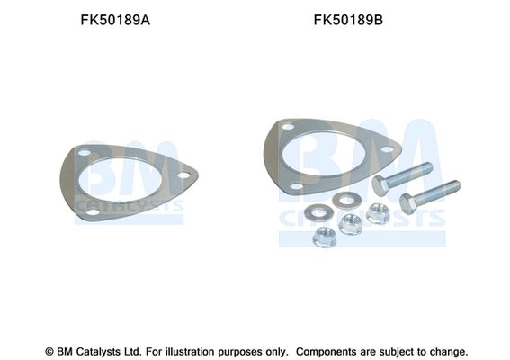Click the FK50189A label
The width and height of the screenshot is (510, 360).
[x=115, y=20]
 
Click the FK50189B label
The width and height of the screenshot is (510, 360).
[x=348, y=20]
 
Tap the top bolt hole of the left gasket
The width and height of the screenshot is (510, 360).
[x=85, y=153]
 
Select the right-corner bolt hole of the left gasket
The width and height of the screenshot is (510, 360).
[x=183, y=175]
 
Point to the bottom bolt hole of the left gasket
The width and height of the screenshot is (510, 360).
[x=93, y=212]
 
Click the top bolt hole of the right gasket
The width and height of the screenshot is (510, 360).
[x=288, y=127]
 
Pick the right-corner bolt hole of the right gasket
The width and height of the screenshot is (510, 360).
[x=387, y=149]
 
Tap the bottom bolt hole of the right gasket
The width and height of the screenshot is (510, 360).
[x=296, y=186]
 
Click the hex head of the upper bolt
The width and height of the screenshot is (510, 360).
[x=380, y=185]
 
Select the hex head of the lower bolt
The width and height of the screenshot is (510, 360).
[x=407, y=203]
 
